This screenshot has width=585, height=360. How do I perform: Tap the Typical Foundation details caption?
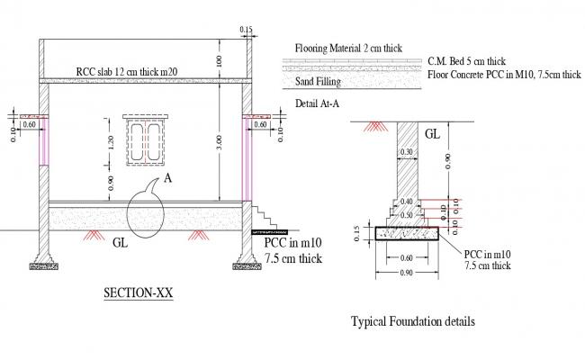(411, 321)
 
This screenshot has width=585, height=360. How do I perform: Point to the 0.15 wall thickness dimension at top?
(246, 30)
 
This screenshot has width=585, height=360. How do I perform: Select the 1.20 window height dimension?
(110, 141)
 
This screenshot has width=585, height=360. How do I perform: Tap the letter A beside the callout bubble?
(166, 178)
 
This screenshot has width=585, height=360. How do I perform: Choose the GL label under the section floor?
(120, 243)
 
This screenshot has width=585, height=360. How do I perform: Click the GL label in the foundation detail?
(432, 134)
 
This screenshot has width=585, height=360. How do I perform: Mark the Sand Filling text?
(317, 81)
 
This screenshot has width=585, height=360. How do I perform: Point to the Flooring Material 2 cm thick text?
(349, 48)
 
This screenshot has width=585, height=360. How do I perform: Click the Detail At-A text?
(317, 103)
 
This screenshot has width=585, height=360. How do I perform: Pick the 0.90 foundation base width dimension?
(408, 272)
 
